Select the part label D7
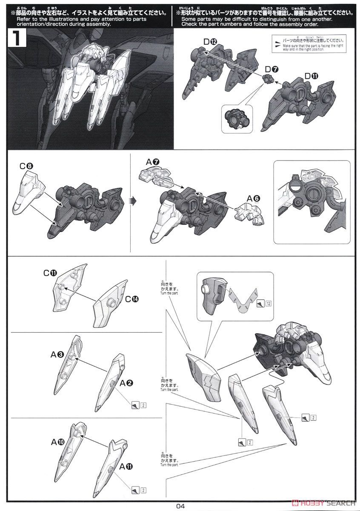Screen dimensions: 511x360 point(271,69)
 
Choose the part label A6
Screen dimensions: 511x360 point(254,198)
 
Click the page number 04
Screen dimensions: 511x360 point(180,506)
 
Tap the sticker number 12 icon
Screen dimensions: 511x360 point(264,304)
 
